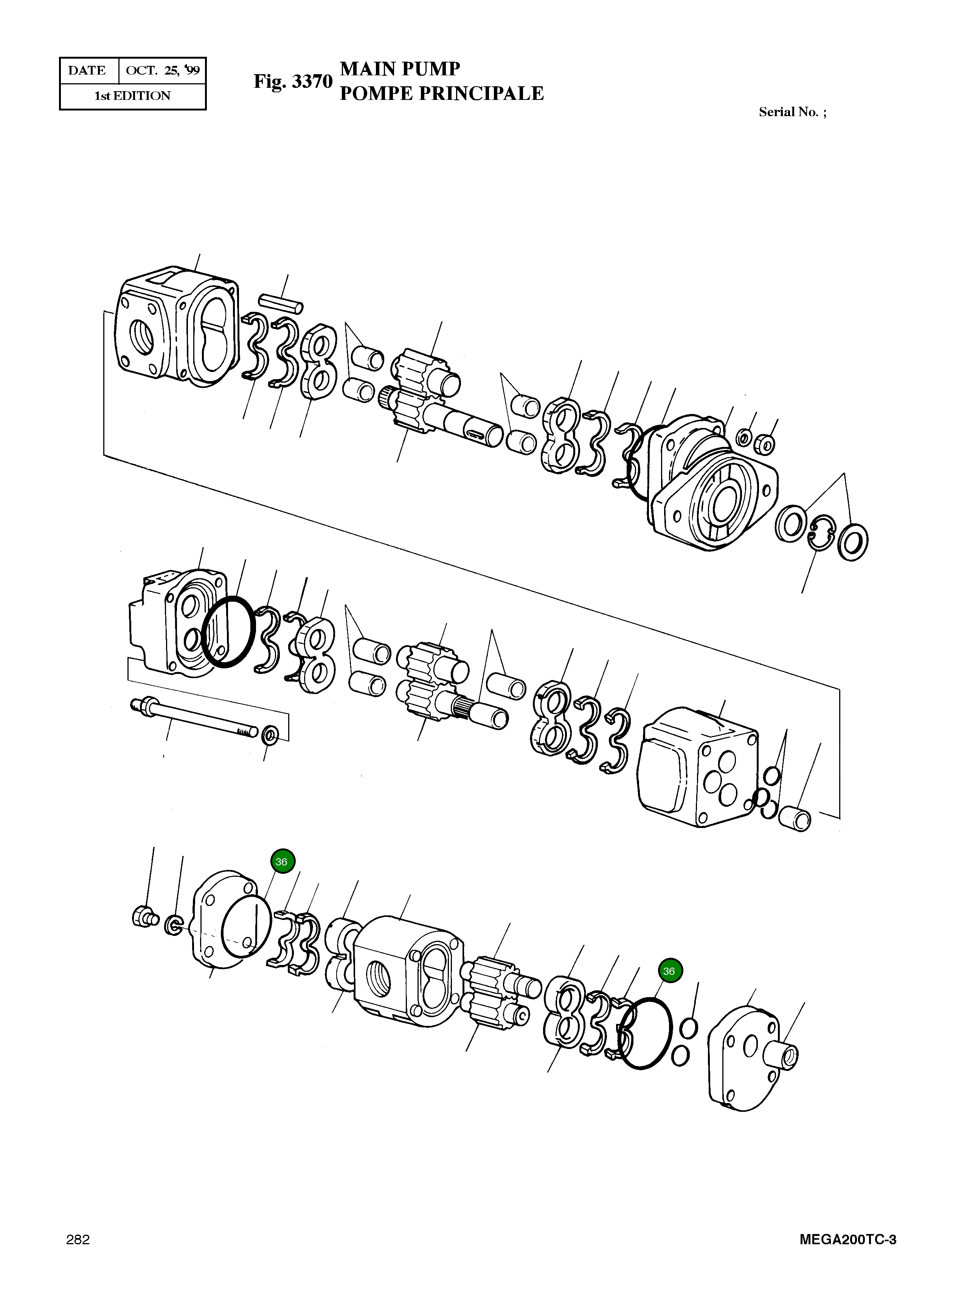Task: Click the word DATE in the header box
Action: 87,70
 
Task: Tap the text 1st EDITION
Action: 133,96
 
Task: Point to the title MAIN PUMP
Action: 400,69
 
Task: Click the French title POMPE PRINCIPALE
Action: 441,93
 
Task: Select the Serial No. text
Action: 792,112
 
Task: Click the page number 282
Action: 78,1240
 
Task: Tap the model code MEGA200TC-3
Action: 847,1240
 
